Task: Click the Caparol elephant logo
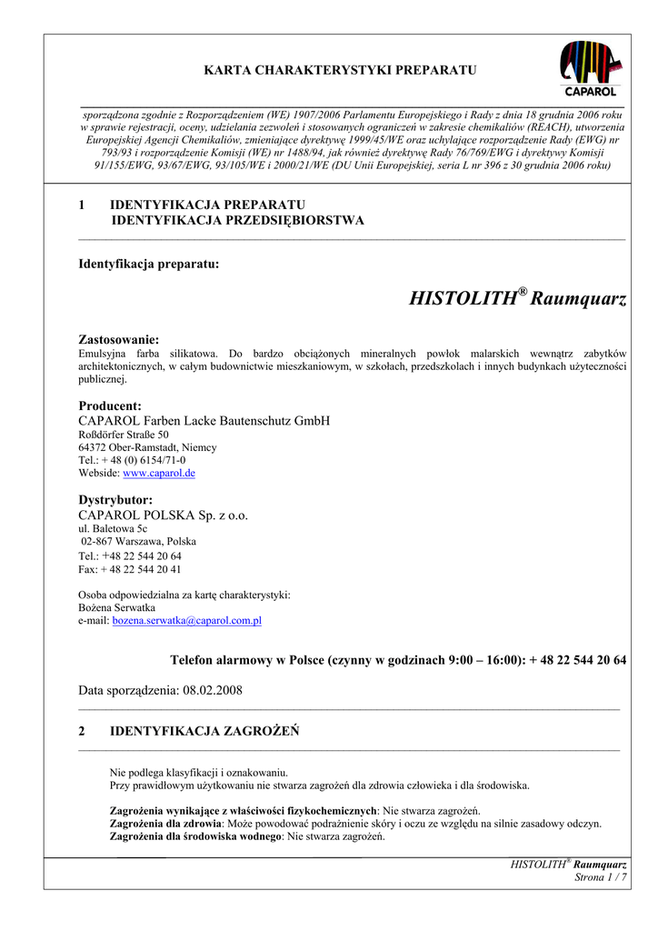coord(591,67)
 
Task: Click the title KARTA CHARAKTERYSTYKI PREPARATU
coord(340,70)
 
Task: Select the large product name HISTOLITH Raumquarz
coord(518,298)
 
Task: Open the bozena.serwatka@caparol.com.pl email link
coord(186,620)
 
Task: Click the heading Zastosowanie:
coord(119,339)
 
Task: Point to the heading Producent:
coord(110,405)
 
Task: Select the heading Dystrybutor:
coord(115,500)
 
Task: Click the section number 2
coord(82,730)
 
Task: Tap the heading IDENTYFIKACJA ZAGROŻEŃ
coord(204,730)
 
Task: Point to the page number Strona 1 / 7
coord(601,876)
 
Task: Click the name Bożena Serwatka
coord(117,607)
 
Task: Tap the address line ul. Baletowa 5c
coord(114,527)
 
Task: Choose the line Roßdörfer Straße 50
coord(124,435)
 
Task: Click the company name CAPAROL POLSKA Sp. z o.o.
coord(164,515)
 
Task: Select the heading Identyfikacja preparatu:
coord(149,264)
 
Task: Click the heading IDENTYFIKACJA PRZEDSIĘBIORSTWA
coord(237,220)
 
